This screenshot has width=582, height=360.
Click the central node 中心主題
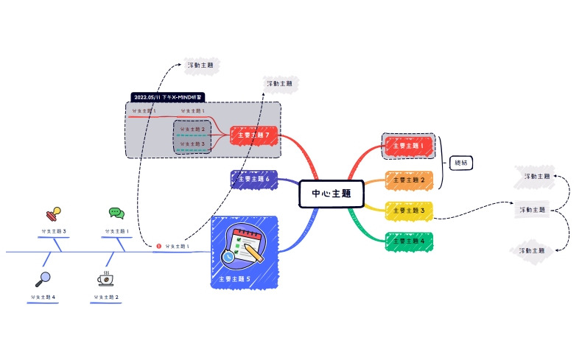(x=332, y=194)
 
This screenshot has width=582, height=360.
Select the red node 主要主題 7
(x=254, y=135)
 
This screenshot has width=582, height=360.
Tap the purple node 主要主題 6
(x=254, y=179)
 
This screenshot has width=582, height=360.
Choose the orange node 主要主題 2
(x=408, y=180)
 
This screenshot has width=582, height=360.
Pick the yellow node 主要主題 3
(x=408, y=211)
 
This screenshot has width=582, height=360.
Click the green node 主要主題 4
(x=408, y=241)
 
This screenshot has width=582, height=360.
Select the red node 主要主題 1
(x=408, y=146)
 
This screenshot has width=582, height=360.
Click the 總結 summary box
(x=460, y=163)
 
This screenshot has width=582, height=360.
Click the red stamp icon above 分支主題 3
(x=52, y=214)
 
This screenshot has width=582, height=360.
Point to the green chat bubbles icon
(x=116, y=213)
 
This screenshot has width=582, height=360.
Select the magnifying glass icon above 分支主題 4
(x=43, y=279)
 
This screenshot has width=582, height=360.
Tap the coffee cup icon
(x=106, y=279)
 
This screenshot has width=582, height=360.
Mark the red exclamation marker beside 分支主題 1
(x=158, y=246)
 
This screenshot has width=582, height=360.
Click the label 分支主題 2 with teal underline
(x=193, y=129)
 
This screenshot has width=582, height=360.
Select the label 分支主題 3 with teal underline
(x=193, y=144)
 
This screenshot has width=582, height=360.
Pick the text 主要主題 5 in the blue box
(x=235, y=279)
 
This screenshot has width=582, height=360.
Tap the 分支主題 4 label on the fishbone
(x=43, y=297)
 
